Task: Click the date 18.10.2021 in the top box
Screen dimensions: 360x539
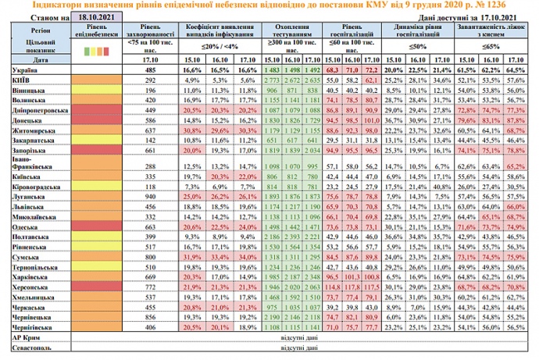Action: click(x=95, y=15)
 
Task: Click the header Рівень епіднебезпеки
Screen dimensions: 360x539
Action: click(x=98, y=31)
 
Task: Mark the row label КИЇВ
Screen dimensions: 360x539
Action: click(x=17, y=80)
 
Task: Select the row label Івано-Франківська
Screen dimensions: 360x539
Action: click(x=28, y=163)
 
